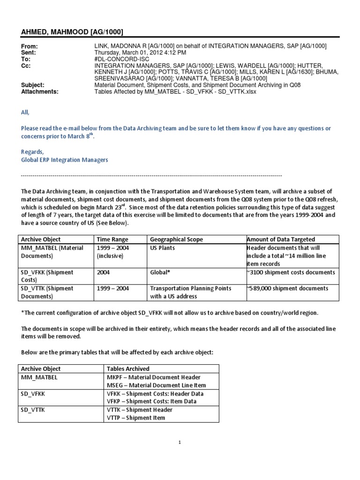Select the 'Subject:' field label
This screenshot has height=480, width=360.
33,85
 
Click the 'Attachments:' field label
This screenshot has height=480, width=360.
40,92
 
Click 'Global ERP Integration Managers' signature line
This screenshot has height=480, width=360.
65,160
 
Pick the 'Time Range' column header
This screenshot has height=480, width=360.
112,239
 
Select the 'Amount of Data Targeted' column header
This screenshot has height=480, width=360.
281,239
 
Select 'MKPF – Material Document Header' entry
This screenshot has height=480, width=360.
154,377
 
